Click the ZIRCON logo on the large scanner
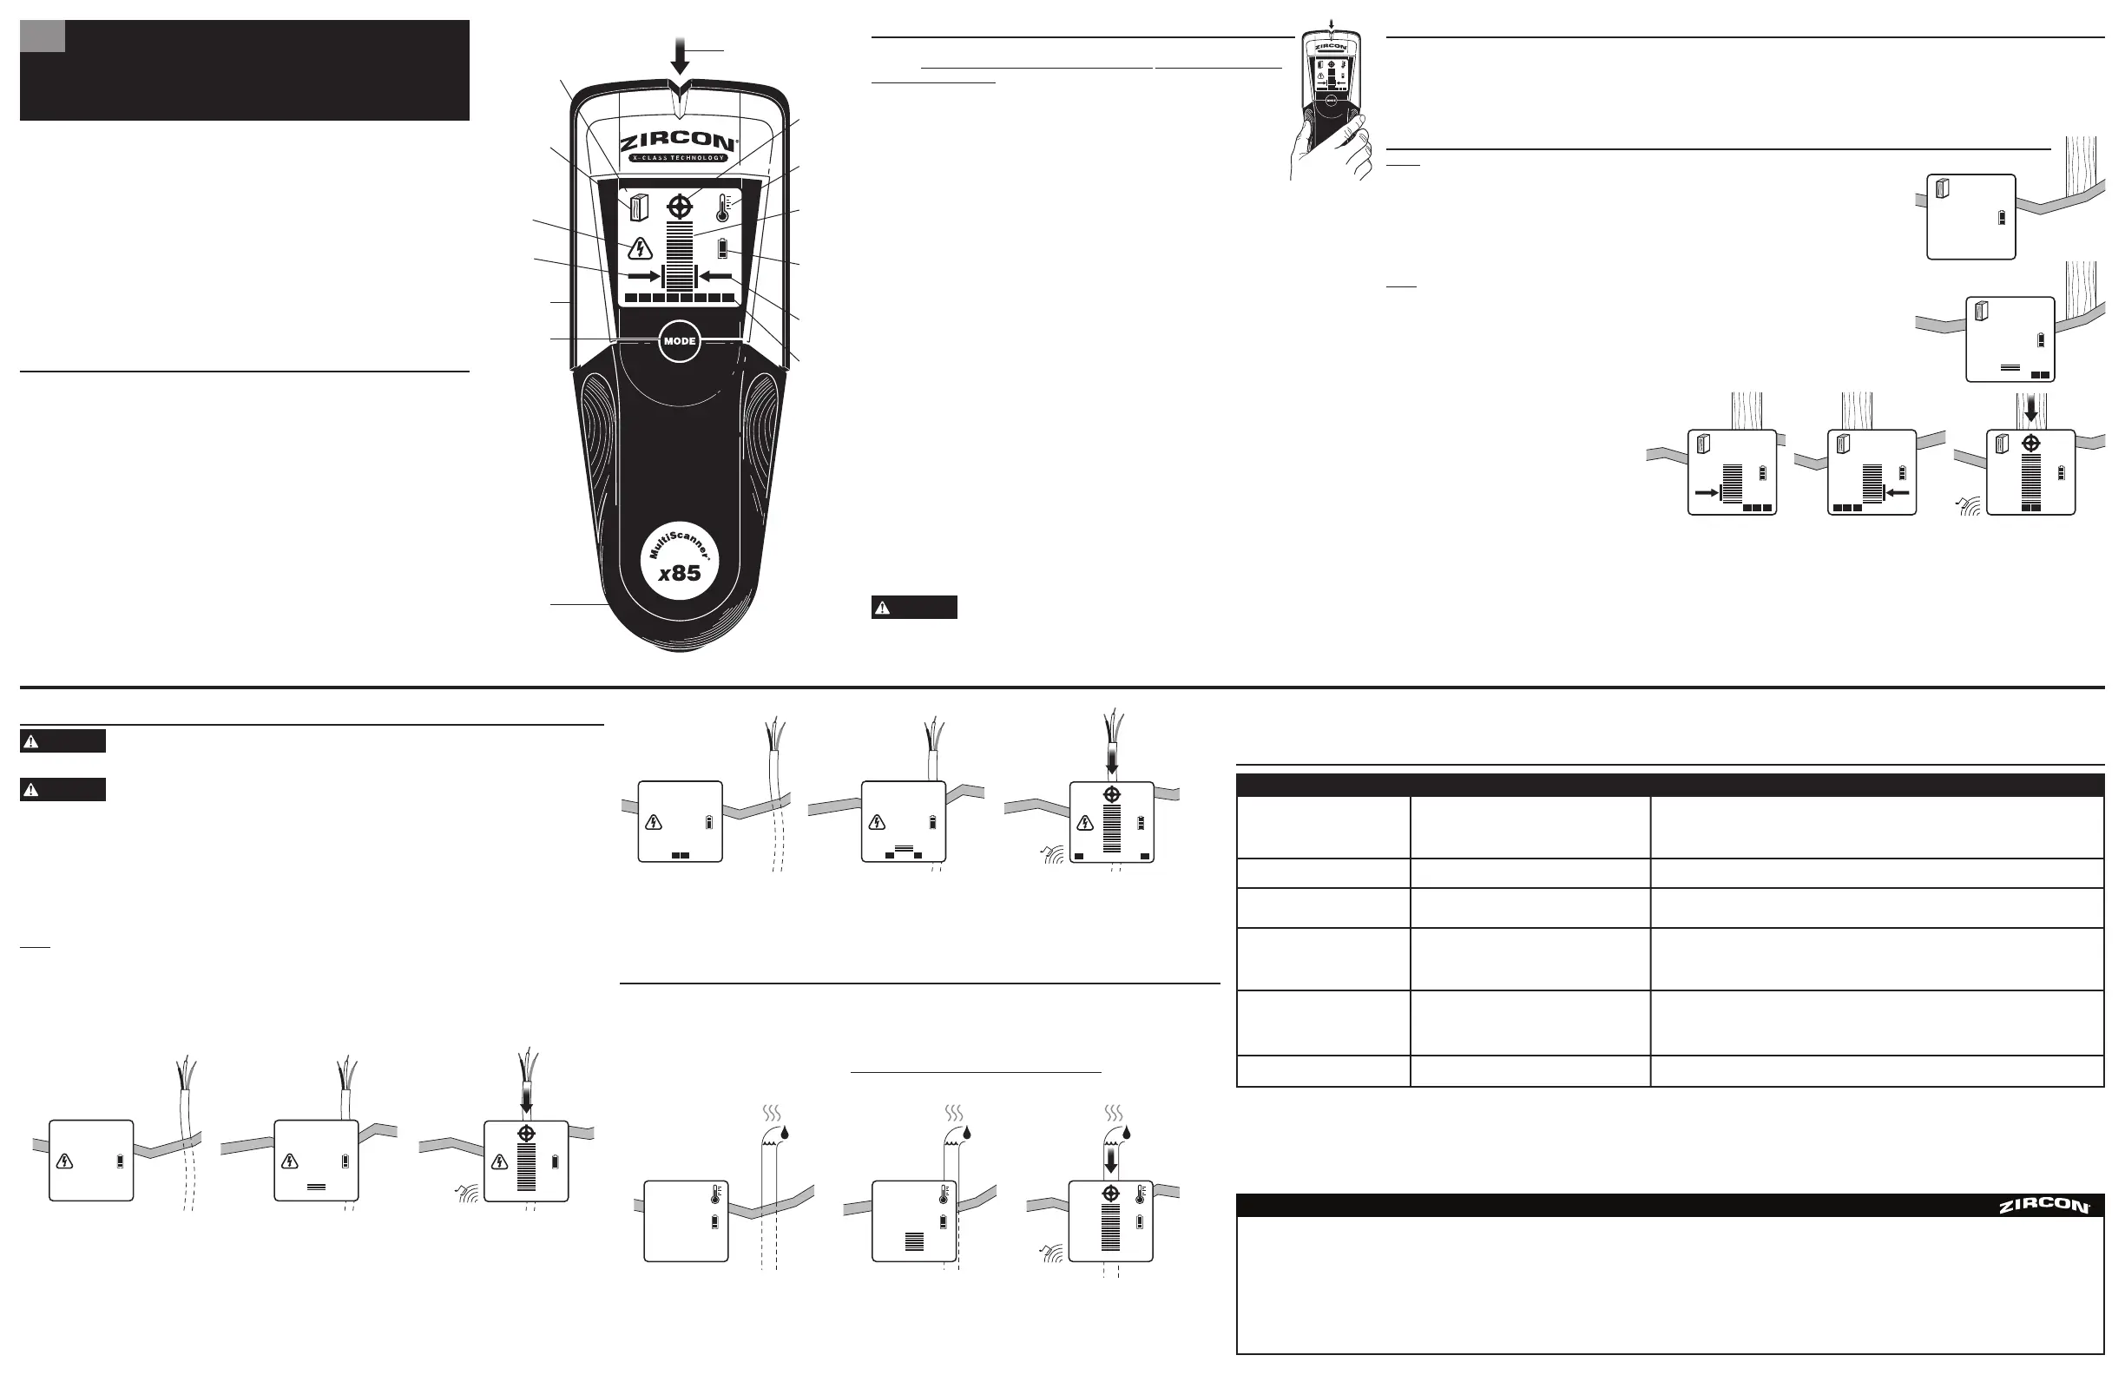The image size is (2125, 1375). pos(679,143)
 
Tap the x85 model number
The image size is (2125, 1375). pos(680,573)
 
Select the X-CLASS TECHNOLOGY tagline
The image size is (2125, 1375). pos(679,158)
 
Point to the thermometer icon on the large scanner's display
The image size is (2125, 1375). pos(723,207)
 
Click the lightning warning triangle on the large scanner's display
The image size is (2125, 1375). pos(639,247)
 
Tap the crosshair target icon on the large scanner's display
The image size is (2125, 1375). pos(680,207)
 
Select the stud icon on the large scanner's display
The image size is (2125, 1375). pos(637,207)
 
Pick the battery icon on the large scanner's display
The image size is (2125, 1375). pos(722,248)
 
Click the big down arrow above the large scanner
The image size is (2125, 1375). pos(681,56)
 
